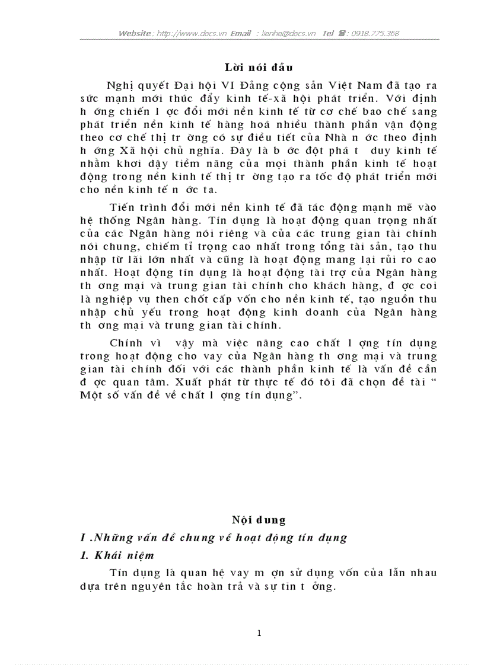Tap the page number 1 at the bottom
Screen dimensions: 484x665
[259, 634]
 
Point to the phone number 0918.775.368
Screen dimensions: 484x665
[375, 33]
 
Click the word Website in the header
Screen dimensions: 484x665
[135, 33]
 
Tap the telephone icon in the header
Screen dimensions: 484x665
[343, 33]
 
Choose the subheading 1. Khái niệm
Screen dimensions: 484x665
[117, 555]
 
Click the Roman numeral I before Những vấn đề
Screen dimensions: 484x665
[83, 538]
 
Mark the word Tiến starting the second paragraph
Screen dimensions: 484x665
[122, 207]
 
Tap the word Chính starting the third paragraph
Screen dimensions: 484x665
[125, 343]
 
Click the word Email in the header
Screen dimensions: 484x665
[240, 33]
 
